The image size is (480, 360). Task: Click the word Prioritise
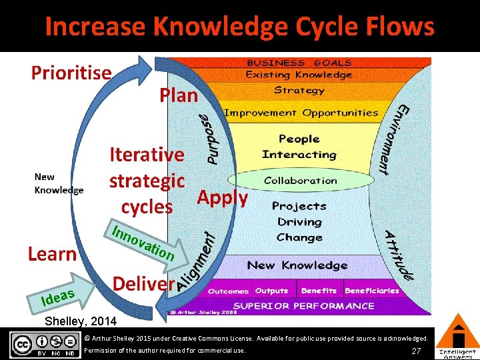(x=71, y=72)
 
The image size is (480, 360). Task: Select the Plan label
(x=179, y=95)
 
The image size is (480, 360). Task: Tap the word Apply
(x=223, y=197)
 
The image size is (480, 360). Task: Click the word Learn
(x=52, y=254)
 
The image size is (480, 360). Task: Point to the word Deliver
(x=143, y=283)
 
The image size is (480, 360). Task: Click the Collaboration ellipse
(x=300, y=181)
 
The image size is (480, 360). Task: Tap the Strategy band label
(x=299, y=90)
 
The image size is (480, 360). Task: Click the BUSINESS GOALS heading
(x=299, y=63)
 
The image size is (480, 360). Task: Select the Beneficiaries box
(x=372, y=291)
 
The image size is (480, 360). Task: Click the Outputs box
(x=271, y=291)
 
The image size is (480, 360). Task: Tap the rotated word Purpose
(x=210, y=139)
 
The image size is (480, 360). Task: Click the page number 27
(x=416, y=351)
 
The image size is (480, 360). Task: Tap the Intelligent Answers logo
(x=457, y=337)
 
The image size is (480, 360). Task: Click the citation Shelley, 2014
(x=80, y=321)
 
